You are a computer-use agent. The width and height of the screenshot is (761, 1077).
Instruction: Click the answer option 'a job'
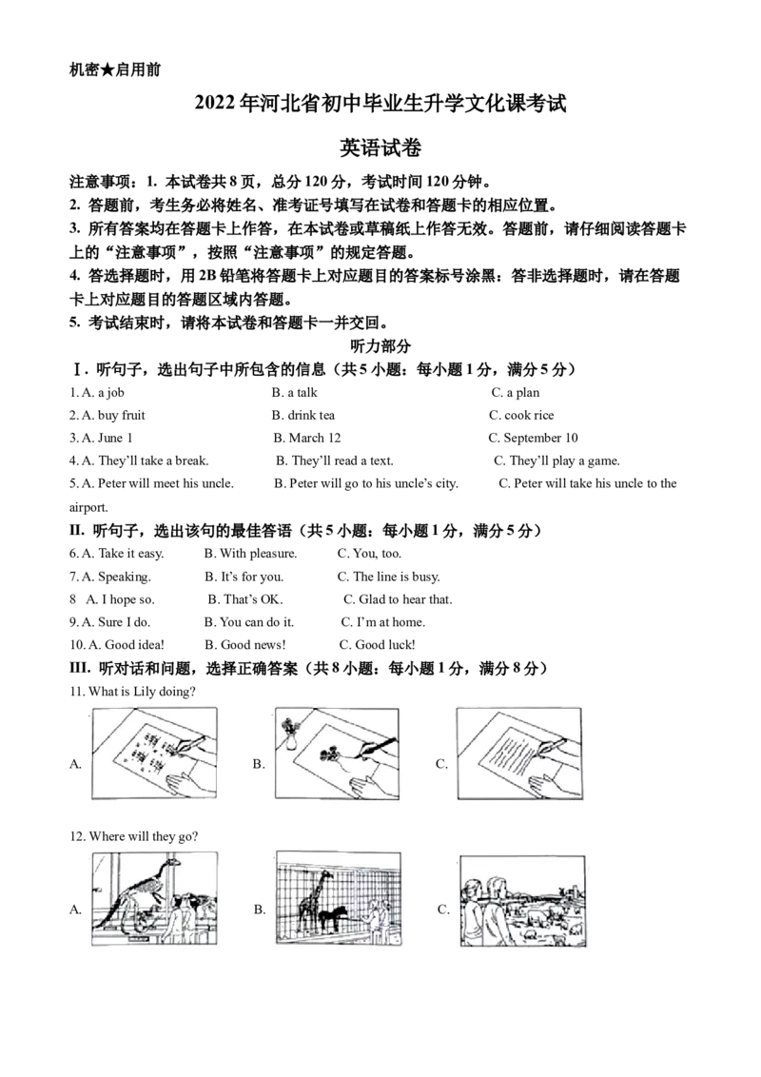point(111,393)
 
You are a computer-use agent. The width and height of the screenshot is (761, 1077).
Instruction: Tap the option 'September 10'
point(540,439)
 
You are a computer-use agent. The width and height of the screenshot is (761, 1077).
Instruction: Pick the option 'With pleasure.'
point(258,554)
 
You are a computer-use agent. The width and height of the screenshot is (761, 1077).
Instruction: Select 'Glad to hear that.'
point(405,599)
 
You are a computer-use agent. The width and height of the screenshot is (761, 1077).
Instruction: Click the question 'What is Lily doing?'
point(142,692)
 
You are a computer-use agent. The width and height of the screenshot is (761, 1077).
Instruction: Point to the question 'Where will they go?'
point(144,836)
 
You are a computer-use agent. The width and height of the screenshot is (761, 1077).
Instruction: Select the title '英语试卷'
point(380,147)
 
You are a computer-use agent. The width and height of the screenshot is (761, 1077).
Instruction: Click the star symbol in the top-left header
point(107,69)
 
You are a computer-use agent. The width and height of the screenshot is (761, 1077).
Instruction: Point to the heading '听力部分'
point(380,345)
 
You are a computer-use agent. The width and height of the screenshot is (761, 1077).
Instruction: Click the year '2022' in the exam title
point(216,104)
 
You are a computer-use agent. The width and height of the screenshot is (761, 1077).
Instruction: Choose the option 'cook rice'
point(529,416)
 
